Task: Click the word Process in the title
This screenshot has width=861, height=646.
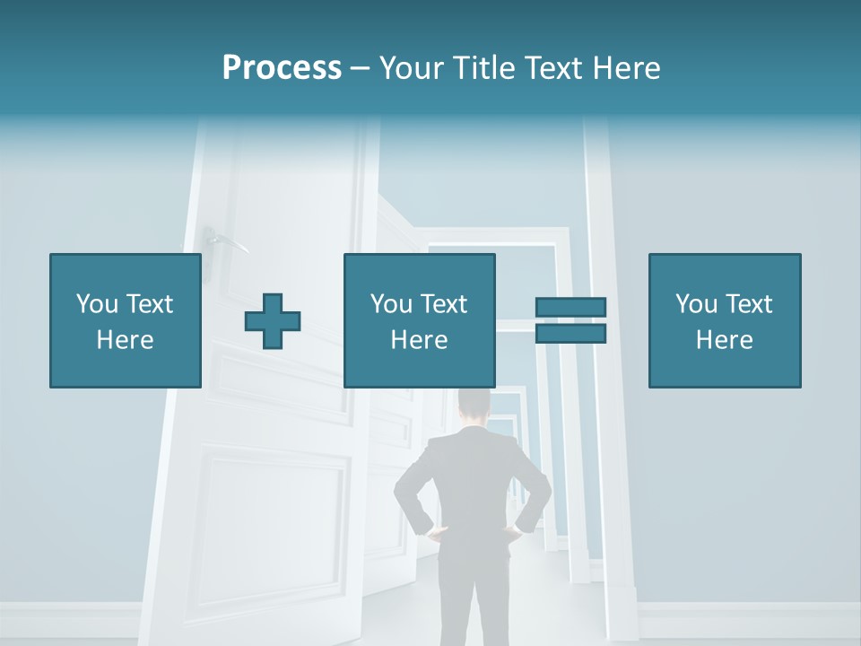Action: [x=282, y=68]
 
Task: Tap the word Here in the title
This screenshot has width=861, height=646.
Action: [x=626, y=68]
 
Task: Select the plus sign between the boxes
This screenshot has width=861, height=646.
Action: [x=273, y=321]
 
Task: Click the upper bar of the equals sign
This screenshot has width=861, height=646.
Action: [x=570, y=307]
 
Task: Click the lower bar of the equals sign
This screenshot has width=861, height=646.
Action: [x=570, y=334]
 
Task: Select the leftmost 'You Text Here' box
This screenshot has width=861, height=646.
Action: [x=126, y=320]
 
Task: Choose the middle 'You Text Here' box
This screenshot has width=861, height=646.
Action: [x=419, y=320]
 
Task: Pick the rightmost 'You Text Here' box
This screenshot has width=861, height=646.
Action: [x=724, y=320]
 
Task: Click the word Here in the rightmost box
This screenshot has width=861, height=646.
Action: [x=724, y=340]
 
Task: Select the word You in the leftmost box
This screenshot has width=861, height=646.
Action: [x=98, y=304]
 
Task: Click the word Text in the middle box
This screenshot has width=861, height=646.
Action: [x=444, y=304]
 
